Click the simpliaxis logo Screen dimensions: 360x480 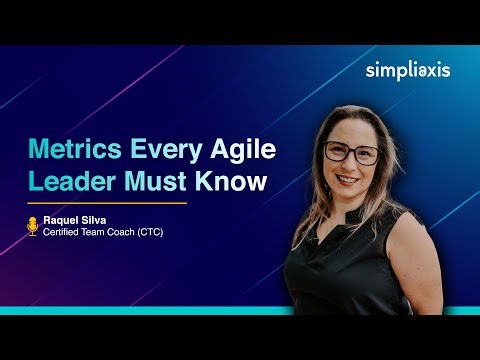tap(407, 69)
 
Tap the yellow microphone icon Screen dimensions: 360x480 tap(32, 226)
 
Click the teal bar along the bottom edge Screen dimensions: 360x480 tap(240, 311)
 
